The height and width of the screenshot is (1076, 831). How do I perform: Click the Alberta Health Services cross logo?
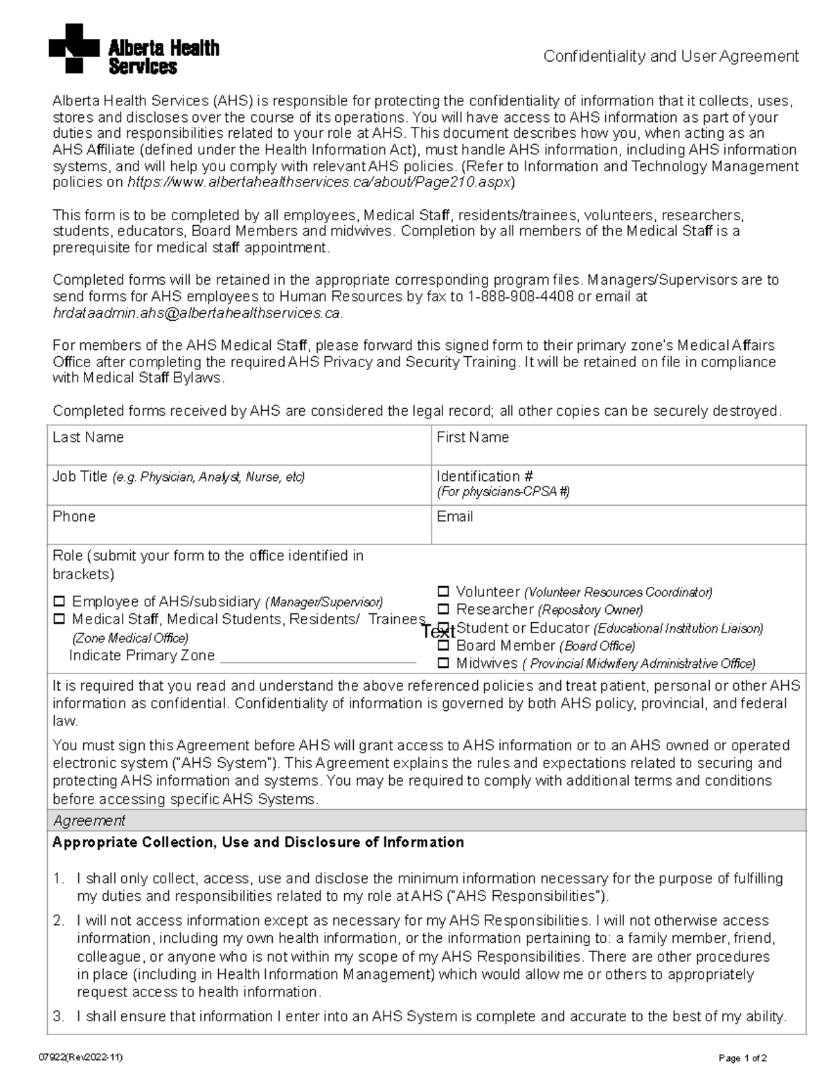(x=74, y=48)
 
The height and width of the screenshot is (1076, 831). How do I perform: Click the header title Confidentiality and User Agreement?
(x=670, y=56)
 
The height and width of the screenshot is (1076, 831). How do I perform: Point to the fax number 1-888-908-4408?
(x=521, y=297)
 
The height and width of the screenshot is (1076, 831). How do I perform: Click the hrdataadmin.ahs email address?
(x=197, y=313)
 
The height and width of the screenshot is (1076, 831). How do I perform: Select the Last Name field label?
(x=88, y=437)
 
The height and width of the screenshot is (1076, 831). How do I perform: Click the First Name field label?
(x=472, y=437)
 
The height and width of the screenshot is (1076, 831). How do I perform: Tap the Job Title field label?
(x=80, y=477)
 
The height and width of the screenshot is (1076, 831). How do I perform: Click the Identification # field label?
(x=484, y=477)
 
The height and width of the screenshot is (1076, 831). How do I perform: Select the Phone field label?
(x=73, y=516)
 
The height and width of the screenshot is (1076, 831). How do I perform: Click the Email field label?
(x=454, y=516)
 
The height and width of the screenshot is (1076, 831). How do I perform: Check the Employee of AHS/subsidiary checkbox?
(x=59, y=601)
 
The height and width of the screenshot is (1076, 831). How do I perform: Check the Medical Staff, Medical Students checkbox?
(x=59, y=619)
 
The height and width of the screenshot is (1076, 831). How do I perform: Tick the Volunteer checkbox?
(x=443, y=592)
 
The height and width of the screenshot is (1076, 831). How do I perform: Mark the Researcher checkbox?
(x=443, y=610)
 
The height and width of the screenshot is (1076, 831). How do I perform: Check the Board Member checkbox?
(x=443, y=646)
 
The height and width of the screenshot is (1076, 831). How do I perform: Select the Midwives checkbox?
(x=443, y=663)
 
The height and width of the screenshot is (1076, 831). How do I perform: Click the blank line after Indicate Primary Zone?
(x=317, y=657)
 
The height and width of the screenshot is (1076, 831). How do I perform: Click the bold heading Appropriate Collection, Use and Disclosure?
(x=258, y=843)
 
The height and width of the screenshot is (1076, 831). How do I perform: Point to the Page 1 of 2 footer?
(x=742, y=1058)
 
